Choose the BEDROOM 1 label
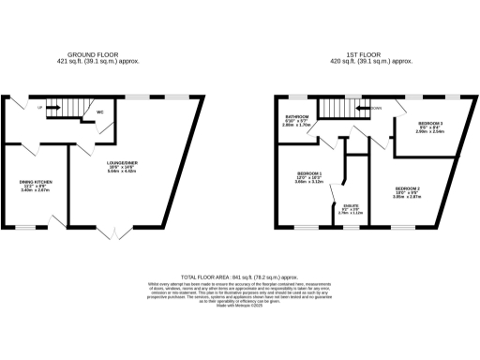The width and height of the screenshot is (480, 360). pyautogui.click(x=309, y=175)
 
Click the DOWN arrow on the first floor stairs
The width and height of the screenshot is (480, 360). pyautogui.click(x=373, y=108)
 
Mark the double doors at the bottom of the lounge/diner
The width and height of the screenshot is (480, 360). pyautogui.click(x=111, y=232)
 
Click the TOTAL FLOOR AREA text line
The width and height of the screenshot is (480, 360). pyautogui.click(x=239, y=277)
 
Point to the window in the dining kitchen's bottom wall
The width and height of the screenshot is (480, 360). pyautogui.click(x=28, y=227)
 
